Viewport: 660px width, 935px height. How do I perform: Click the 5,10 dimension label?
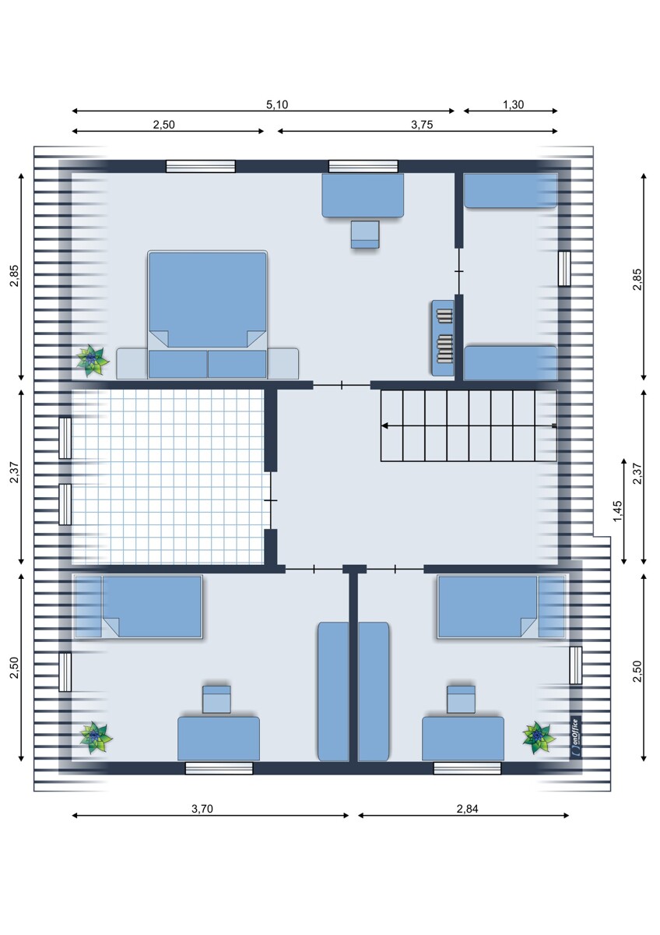click(277, 104)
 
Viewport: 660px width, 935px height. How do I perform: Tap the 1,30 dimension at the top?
click(513, 104)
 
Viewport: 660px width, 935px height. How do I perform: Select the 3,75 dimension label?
click(422, 125)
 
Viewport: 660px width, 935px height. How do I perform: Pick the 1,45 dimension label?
click(617, 511)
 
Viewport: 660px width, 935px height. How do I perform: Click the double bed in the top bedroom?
click(208, 315)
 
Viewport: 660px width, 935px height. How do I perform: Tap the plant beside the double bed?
click(92, 361)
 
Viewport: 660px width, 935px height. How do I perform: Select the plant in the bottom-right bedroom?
click(539, 738)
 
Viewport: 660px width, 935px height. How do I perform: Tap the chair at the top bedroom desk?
click(365, 235)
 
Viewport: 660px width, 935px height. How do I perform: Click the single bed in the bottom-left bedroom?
click(139, 606)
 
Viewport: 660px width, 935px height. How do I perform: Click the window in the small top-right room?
click(564, 268)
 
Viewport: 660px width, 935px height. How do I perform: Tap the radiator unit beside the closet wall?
click(443, 337)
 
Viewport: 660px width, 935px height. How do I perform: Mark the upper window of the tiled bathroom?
click(65, 438)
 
